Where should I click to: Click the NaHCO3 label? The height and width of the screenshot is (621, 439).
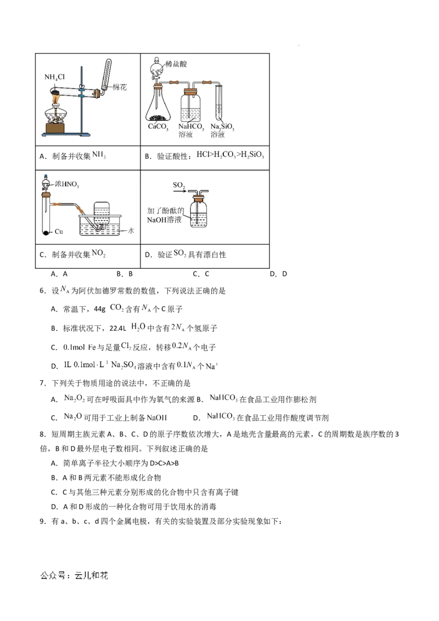190,127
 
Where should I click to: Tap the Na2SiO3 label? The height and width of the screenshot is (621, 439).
223,127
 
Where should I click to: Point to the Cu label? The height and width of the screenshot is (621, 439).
59,233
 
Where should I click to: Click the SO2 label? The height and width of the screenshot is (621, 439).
180,186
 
